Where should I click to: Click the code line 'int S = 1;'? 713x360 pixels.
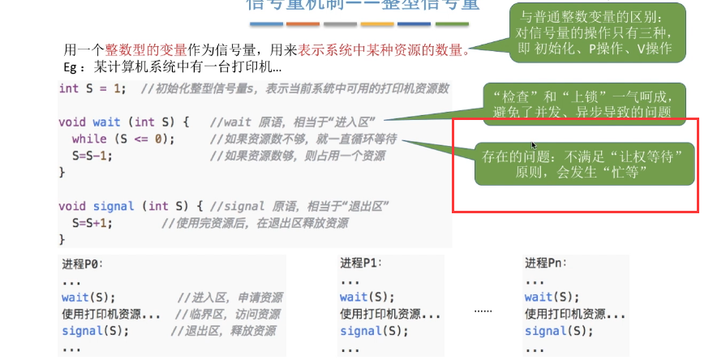pos(92,88)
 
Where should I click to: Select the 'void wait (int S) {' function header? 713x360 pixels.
pos(123,122)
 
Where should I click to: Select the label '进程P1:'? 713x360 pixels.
pos(360,264)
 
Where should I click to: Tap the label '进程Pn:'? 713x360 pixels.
pos(546,264)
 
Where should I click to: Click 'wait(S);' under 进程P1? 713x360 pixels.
pos(367,298)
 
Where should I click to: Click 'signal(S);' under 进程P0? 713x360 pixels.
pos(94,331)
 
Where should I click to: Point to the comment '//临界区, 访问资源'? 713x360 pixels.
pos(232,315)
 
